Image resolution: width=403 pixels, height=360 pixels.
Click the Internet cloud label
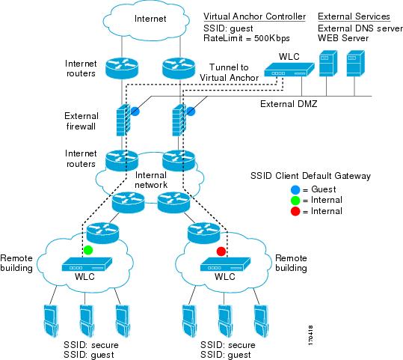[x=150, y=19]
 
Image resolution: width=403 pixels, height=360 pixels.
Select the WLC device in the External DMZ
[x=289, y=70]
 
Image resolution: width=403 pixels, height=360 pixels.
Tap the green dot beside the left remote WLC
[x=88, y=250]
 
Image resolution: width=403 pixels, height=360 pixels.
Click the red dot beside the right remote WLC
[x=221, y=251]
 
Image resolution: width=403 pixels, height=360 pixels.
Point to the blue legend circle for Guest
[x=295, y=190]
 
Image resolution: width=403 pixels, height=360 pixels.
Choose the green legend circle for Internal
[x=295, y=201]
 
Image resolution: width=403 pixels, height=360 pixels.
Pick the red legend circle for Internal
[x=295, y=211]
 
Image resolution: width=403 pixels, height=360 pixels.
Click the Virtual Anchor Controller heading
[x=254, y=16]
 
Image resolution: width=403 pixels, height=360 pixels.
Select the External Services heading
[x=354, y=16]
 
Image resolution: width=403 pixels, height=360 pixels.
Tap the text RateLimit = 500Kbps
[x=247, y=38]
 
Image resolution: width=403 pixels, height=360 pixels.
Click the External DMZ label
[x=289, y=104]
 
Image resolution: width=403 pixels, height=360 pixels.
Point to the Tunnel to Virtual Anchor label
[x=229, y=73]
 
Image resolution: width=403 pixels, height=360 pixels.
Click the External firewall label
[x=81, y=121]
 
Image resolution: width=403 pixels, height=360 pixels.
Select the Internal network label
[x=151, y=180]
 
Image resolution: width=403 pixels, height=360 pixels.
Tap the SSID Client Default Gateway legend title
[x=310, y=176]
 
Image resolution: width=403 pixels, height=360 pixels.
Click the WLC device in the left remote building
[x=87, y=264]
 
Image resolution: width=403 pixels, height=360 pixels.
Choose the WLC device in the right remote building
[x=225, y=264]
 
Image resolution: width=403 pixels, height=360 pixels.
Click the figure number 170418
[x=310, y=335]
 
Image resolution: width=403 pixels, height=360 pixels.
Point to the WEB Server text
[x=343, y=38]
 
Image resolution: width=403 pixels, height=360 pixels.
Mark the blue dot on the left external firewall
[x=135, y=112]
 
